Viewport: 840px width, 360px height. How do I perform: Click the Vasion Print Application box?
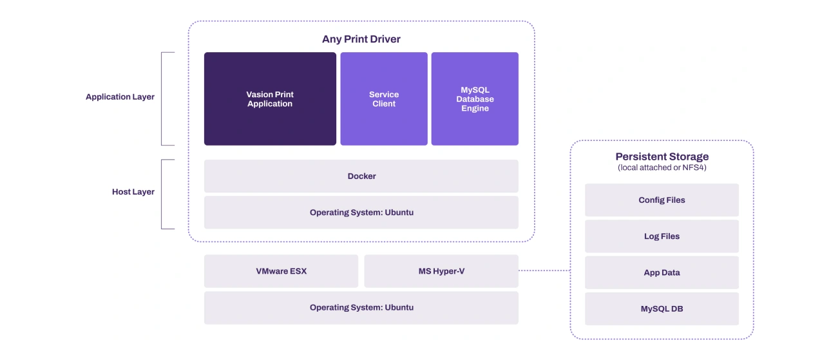(x=270, y=99)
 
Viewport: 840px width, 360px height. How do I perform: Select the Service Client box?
(x=384, y=99)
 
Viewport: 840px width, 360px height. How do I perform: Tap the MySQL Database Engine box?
(x=475, y=99)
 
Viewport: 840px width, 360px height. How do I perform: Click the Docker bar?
(x=361, y=176)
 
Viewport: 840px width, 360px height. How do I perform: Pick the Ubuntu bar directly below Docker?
(x=361, y=213)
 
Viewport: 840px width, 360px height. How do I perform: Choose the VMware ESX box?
(x=281, y=271)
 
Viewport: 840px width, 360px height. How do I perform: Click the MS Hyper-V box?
(x=441, y=271)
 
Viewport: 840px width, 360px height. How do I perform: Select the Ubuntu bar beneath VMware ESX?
(x=361, y=308)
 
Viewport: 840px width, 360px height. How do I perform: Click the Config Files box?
(x=662, y=200)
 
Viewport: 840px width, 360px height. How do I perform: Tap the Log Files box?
(x=662, y=236)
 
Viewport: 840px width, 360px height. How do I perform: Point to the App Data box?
(x=662, y=272)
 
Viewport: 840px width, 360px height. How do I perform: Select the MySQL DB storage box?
(x=662, y=309)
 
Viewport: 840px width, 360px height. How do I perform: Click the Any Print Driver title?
(x=361, y=39)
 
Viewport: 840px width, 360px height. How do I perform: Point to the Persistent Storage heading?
(x=662, y=156)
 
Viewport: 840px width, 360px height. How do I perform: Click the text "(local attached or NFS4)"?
(x=662, y=167)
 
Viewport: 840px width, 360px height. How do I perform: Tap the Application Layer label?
(x=120, y=97)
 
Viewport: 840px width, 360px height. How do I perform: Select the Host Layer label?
(x=133, y=192)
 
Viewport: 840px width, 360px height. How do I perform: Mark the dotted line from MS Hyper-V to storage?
(x=544, y=270)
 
